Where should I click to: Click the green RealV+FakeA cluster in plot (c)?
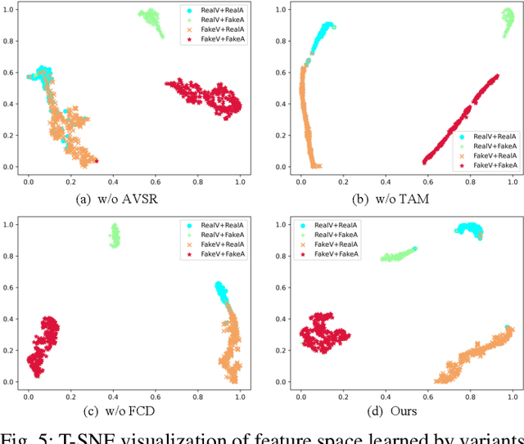[x=115, y=236]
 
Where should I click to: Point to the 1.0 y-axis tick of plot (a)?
[x=11, y=9]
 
